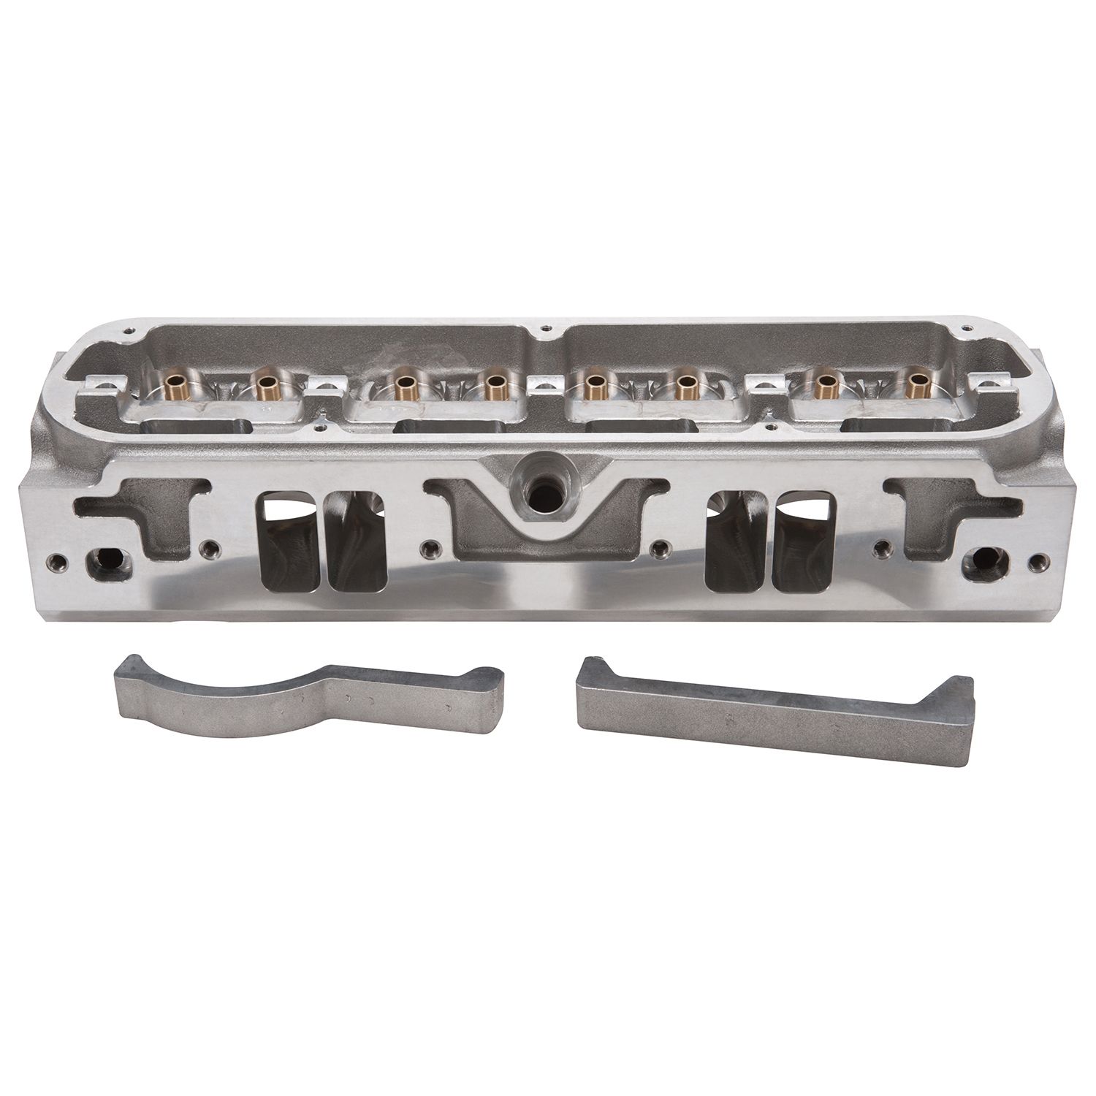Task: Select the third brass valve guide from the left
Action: click(401, 381)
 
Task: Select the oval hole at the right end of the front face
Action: click(983, 561)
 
